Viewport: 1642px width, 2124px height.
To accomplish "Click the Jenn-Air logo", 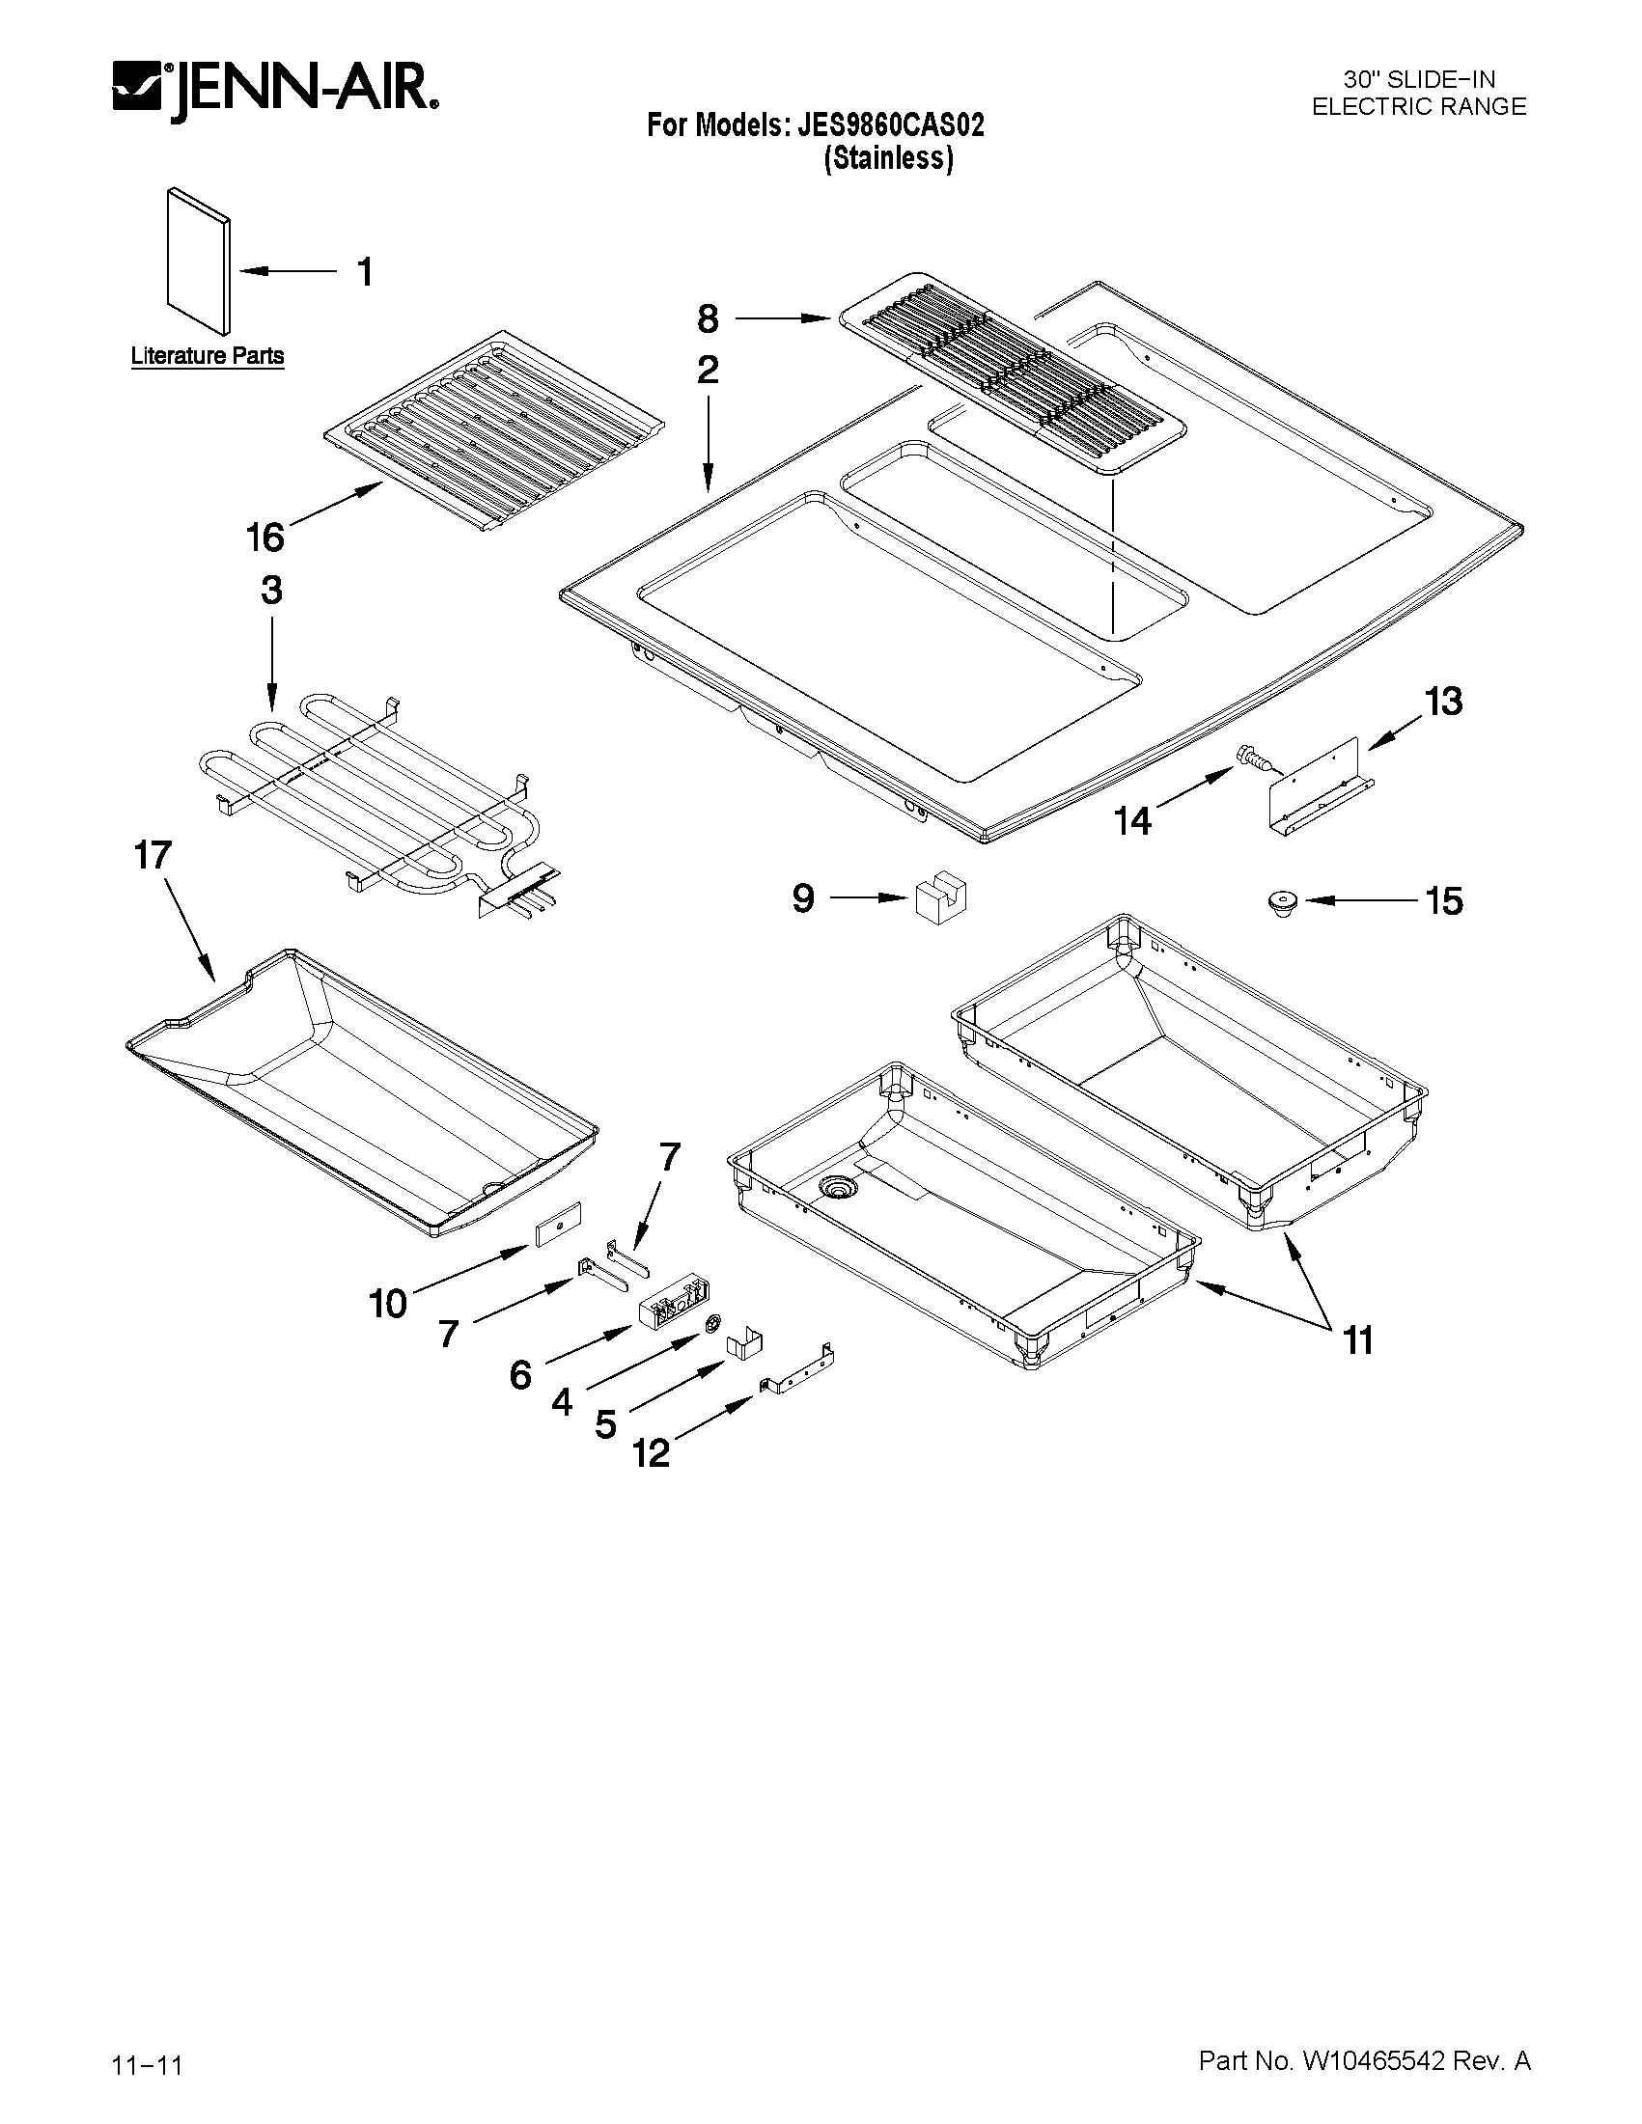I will [x=275, y=94].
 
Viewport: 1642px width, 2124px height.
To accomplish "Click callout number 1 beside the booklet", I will [x=365, y=272].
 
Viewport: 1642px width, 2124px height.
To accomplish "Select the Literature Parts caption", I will [x=208, y=356].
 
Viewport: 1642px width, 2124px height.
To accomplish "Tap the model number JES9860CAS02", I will [x=890, y=125].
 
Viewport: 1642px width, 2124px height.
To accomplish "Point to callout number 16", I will [x=264, y=537].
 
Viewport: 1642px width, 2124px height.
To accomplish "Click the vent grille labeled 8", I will [x=1012, y=374].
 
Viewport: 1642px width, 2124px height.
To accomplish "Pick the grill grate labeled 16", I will [x=494, y=433].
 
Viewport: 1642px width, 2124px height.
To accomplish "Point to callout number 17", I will [x=153, y=856].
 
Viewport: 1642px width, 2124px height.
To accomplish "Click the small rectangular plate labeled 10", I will [x=557, y=1224].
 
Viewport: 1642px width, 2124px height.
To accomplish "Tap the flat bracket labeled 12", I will [x=797, y=1370].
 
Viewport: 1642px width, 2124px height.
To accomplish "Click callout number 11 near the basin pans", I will [x=1358, y=1341].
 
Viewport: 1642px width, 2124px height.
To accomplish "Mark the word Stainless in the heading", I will [x=888, y=158].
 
